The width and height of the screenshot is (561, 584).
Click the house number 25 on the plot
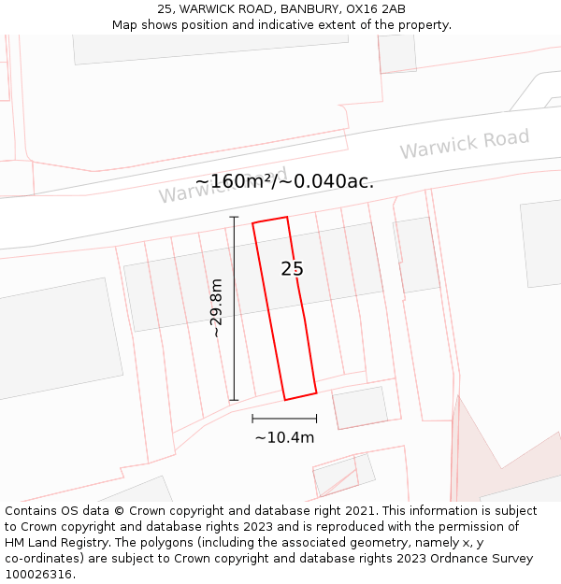pyautogui.click(x=292, y=269)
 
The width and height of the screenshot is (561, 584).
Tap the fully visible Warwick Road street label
pyautogui.click(x=464, y=144)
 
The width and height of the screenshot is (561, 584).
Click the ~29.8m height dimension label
pyautogui.click(x=216, y=307)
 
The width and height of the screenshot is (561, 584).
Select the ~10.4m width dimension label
pyautogui.click(x=284, y=436)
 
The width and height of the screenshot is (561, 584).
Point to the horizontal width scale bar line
pyautogui.click(x=284, y=419)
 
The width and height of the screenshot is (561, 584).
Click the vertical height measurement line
pyautogui.click(x=234, y=308)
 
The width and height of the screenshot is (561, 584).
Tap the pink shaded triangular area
pyautogui.click(x=477, y=458)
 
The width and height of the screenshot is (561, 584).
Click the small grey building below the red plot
pyautogui.click(x=360, y=407)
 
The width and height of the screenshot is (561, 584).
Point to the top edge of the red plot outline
pyautogui.click(x=270, y=221)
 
